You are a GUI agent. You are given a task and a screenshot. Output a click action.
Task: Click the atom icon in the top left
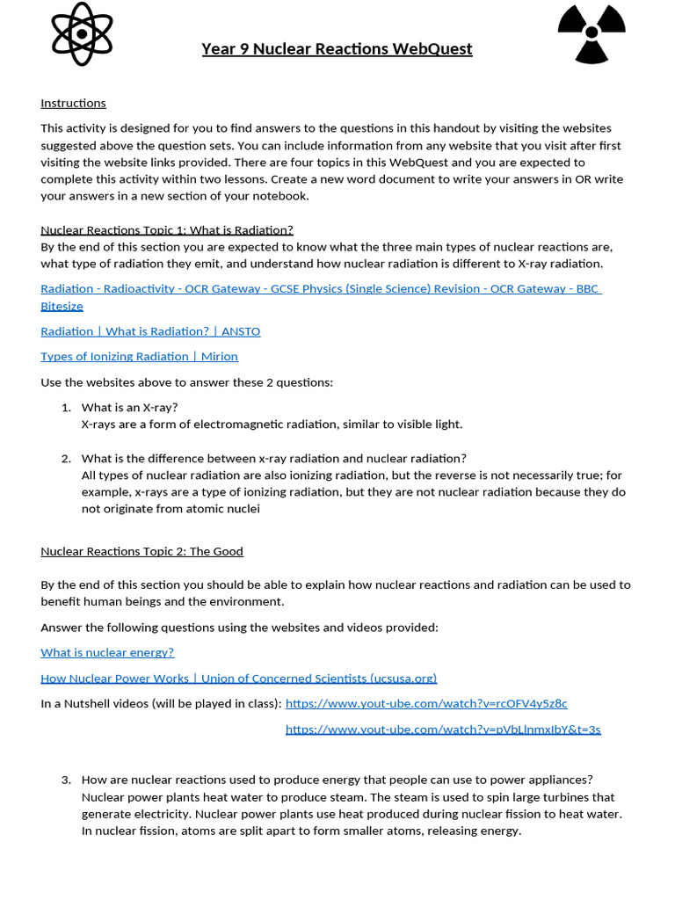pos(82,34)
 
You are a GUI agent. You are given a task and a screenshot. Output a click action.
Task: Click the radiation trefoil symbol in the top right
pos(592,34)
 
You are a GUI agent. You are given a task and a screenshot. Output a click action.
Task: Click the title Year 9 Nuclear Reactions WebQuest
pos(337,49)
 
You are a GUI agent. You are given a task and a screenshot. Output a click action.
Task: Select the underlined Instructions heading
pos(73,103)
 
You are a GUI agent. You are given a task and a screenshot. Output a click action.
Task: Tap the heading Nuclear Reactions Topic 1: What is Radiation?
pos(167,229)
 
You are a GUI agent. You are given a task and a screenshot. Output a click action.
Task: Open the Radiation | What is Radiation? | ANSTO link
pos(150,331)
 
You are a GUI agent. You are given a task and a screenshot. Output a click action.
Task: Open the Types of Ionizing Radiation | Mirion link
pos(139,356)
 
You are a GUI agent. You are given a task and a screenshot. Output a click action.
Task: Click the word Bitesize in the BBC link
pos(62,306)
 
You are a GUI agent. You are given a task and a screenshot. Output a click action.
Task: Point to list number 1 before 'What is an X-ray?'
pos(66,407)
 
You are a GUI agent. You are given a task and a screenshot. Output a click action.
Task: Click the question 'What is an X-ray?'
pos(129,407)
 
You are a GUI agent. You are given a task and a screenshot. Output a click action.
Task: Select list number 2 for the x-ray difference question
pos(66,458)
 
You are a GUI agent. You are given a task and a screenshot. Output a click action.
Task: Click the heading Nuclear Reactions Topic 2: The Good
pos(142,551)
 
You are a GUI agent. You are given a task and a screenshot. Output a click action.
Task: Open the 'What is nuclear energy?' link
pos(107,652)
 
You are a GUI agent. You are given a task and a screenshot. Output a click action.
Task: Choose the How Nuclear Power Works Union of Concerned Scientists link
pos(238,678)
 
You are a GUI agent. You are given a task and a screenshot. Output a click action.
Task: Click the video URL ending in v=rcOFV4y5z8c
pos(426,703)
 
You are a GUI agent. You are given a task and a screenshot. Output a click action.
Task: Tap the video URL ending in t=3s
pos(443,729)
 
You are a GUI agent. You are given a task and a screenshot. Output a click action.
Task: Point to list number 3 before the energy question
pos(66,780)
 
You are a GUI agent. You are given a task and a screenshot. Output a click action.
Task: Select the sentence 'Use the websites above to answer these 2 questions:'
pos(186,381)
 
